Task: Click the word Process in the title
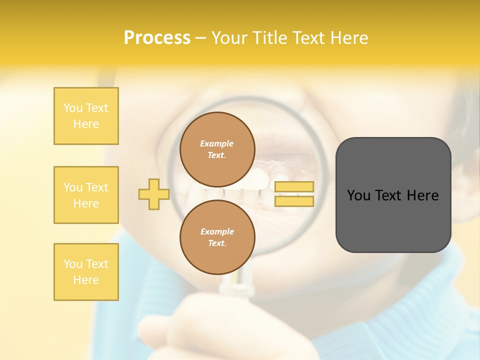[x=157, y=38]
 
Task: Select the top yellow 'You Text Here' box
[x=86, y=116]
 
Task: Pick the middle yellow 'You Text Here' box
[x=86, y=195]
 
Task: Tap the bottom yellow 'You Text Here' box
[x=86, y=272]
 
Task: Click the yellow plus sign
[x=153, y=194]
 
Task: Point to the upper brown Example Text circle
[x=217, y=149]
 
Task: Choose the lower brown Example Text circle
[x=217, y=237]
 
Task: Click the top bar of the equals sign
[x=294, y=186]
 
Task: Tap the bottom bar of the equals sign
[x=294, y=201]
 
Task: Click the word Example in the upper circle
[x=217, y=143]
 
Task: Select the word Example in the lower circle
[x=217, y=231]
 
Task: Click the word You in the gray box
[x=358, y=195]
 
